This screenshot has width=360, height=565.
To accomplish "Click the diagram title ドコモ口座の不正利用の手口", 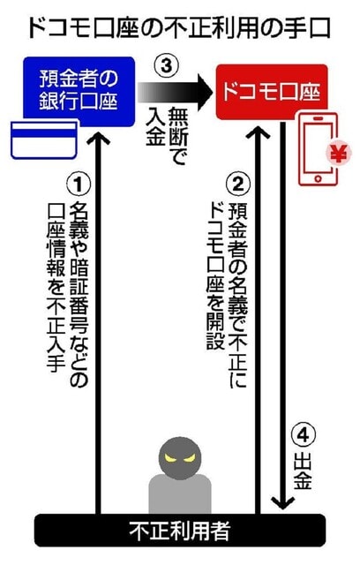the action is pyautogui.click(x=179, y=28).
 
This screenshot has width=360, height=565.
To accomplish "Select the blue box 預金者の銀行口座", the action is pyautogui.click(x=79, y=92).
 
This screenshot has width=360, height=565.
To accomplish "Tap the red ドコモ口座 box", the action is pyautogui.click(x=272, y=92).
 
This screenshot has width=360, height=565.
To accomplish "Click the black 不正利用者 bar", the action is pyautogui.click(x=180, y=530).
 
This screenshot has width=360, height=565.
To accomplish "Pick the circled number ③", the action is pyautogui.click(x=166, y=66).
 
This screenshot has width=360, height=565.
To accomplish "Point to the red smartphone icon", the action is pyautogui.click(x=318, y=149).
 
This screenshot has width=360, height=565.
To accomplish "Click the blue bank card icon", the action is pyautogui.click(x=44, y=139).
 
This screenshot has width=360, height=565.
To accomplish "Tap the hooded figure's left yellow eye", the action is pyautogui.click(x=170, y=458).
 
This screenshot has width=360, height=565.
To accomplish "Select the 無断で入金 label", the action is pyautogui.click(x=166, y=135).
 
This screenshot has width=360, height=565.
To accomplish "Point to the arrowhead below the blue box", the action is pyautogui.click(x=98, y=139).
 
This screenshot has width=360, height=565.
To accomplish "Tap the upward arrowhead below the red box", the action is pyautogui.click(x=258, y=132).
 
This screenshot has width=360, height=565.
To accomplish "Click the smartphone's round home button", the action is pyautogui.click(x=318, y=178).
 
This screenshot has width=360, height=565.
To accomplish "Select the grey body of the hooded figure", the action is pyautogui.click(x=180, y=493).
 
